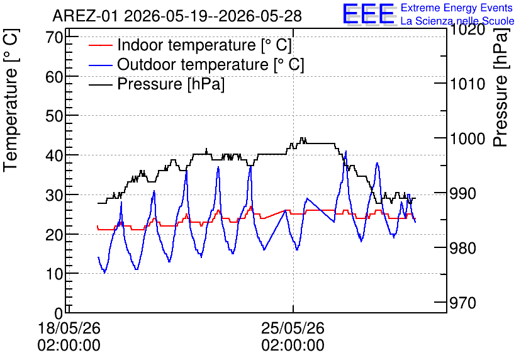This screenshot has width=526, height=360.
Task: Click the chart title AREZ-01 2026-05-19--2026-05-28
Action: click(177, 16)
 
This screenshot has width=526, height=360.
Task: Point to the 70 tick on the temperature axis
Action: click(54, 37)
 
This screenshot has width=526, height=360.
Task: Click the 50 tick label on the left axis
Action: click(54, 116)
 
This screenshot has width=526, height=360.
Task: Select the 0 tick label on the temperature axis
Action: click(59, 313)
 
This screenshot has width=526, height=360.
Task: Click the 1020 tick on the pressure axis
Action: click(467, 30)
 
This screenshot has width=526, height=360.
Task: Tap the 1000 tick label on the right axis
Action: click(467, 138)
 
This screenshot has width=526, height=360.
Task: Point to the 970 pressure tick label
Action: click(463, 303)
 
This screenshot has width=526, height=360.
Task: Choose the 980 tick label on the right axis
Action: click(463, 248)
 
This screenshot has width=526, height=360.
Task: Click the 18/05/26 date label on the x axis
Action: click(69, 328)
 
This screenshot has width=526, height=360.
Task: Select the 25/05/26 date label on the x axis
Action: click(293, 328)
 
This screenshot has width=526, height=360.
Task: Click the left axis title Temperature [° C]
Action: click(11, 101)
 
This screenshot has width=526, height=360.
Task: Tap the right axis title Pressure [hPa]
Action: click(500, 87)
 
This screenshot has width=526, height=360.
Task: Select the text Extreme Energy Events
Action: click(457, 8)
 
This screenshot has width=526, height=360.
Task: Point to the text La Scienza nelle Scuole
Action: click(457, 21)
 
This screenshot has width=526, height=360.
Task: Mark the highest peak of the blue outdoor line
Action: click(345, 151)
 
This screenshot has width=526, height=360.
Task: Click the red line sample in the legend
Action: click(100, 45)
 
